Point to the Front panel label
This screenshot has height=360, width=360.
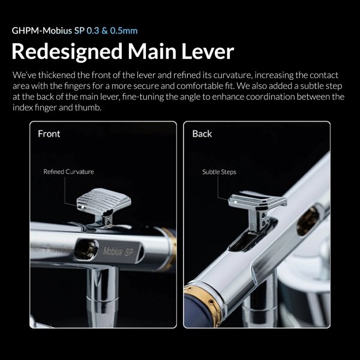pyautogui.click(x=49, y=133)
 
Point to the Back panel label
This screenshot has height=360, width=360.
pyautogui.click(x=202, y=133)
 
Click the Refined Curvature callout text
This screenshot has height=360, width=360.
pyautogui.click(x=68, y=172)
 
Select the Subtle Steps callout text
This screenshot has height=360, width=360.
pyautogui.click(x=219, y=172)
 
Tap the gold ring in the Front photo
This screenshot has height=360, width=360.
pyautogui.click(x=170, y=246)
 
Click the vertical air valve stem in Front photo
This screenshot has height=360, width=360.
pyautogui.click(x=96, y=294)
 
